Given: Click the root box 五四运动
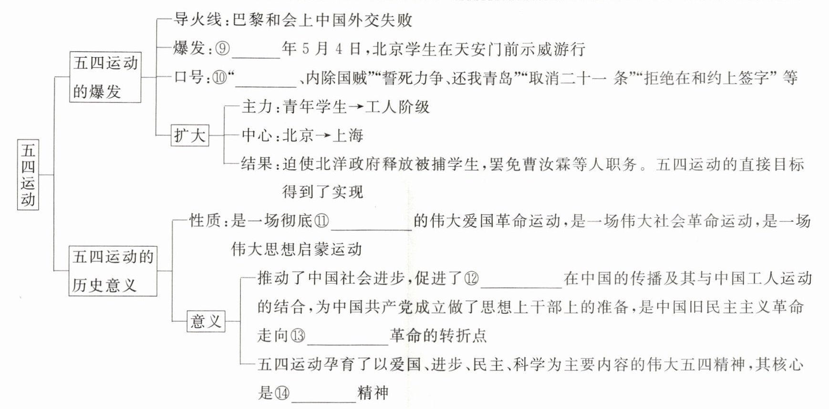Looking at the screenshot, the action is tap(28, 174).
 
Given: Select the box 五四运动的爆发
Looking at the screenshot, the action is tap(105, 77).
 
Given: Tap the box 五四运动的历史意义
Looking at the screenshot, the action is tap(113, 271).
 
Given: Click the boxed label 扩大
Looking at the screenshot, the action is tap(190, 135).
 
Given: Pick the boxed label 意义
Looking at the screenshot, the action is tap(206, 321).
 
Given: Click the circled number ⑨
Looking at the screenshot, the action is tap(222, 49).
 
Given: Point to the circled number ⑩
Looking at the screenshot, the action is tap(220, 77).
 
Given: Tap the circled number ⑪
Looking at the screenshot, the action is tap(322, 221).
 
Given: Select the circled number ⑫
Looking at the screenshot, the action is tap(471, 278).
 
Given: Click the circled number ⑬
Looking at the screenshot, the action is tap(298, 336).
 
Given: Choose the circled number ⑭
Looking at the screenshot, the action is tap(282, 393).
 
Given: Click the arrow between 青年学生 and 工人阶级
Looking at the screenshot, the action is tap(356, 107).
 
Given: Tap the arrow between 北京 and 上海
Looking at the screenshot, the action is tap(323, 136).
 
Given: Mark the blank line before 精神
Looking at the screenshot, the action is tap(323, 399).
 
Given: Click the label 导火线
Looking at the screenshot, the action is tap(197, 20).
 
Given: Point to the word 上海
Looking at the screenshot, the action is tap(348, 135).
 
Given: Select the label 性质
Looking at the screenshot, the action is tap(205, 221).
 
